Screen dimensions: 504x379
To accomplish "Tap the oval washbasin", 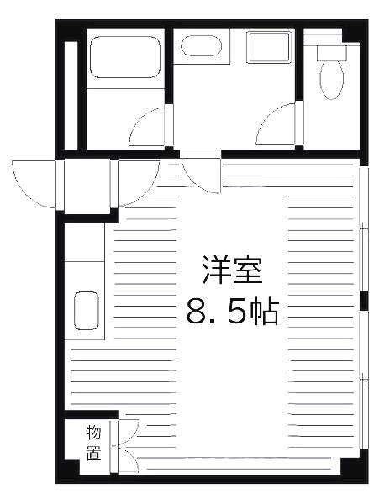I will (x=200, y=45).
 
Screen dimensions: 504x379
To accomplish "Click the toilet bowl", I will (x=332, y=80).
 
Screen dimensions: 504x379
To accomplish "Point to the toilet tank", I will (x=331, y=50).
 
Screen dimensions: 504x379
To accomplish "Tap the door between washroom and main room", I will (x=203, y=172).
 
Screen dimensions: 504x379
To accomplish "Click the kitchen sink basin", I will (x=87, y=311).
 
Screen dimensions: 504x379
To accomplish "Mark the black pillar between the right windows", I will (x=363, y=300).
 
